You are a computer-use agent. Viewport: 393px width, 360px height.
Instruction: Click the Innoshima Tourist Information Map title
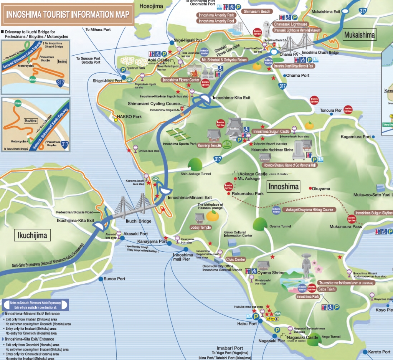(67, 15)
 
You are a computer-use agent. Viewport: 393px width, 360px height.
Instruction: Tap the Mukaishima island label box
(360, 35)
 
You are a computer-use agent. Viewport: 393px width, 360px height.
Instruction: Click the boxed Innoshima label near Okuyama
(284, 187)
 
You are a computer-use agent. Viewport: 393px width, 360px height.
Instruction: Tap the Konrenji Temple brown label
(210, 145)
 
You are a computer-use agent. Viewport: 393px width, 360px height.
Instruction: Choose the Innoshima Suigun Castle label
(271, 131)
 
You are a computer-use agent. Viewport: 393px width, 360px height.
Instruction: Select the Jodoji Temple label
(200, 227)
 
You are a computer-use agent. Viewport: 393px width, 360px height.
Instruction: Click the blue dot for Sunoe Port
(101, 279)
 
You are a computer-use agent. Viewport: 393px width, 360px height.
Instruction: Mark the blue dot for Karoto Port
(364, 352)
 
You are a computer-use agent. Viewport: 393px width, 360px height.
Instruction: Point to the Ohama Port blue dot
(284, 76)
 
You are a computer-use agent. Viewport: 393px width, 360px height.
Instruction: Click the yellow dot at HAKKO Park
(116, 119)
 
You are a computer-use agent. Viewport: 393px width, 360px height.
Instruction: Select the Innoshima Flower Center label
(181, 80)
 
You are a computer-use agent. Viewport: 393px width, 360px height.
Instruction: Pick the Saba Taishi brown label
(327, 289)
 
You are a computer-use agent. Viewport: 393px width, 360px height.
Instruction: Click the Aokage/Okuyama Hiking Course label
(310, 210)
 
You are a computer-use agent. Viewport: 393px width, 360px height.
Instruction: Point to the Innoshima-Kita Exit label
(231, 97)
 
